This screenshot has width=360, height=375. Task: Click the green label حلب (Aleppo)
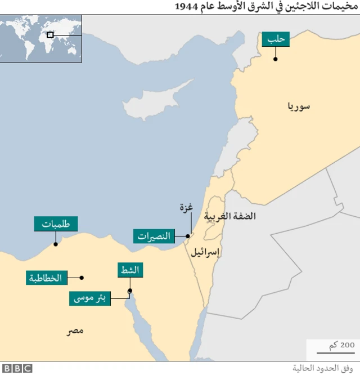(x=275, y=39)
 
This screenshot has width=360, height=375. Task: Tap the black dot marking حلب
(x=275, y=59)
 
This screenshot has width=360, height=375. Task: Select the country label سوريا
(x=298, y=106)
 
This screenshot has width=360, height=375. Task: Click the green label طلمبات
(x=56, y=224)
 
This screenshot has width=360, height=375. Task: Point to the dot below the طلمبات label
(x=55, y=244)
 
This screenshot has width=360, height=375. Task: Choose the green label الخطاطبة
(x=47, y=278)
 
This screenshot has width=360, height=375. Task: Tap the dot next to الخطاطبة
(x=82, y=278)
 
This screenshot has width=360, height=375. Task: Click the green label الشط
(x=130, y=270)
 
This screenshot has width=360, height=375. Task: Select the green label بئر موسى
(x=90, y=298)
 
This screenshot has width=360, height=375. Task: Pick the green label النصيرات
(x=153, y=236)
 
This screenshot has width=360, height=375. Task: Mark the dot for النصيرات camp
(x=187, y=236)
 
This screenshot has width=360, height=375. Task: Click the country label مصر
(x=74, y=331)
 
